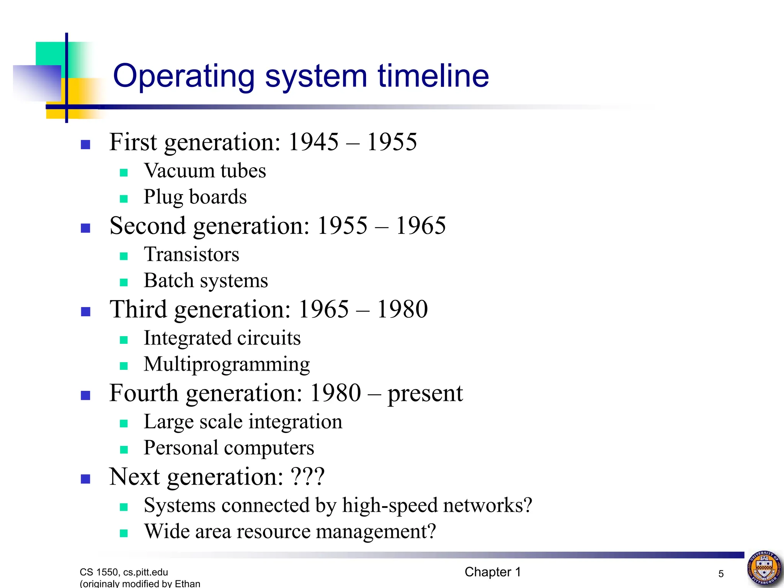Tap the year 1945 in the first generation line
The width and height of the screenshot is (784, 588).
(313, 142)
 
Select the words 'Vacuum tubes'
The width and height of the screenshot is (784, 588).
(205, 171)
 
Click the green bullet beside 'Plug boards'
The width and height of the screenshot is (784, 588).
(124, 199)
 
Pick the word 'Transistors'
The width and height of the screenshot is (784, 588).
(191, 255)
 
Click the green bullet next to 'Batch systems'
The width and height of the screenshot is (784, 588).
(124, 283)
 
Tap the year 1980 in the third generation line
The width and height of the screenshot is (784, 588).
(402, 309)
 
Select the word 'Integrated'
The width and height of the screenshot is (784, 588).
(187, 338)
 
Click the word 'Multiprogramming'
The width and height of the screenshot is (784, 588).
(227, 364)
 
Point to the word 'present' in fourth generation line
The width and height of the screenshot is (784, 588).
(425, 394)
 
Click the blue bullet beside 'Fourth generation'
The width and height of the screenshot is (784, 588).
(86, 395)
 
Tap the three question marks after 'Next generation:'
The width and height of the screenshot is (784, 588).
(308, 477)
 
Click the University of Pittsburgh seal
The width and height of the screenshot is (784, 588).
(764, 568)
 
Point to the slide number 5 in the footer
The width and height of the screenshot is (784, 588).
(721, 574)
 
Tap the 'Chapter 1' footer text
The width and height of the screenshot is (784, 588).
(493, 572)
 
